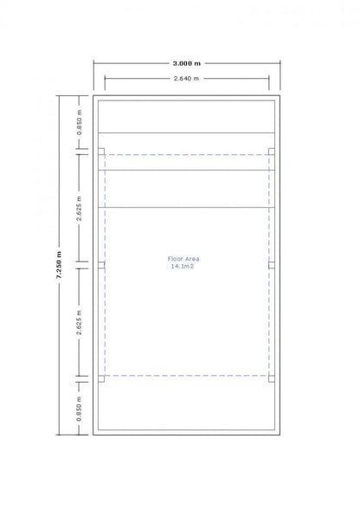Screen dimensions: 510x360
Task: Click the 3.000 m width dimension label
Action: tap(187, 64)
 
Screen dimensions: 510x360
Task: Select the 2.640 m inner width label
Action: tap(187, 79)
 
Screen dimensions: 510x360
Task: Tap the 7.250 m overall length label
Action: tap(59, 265)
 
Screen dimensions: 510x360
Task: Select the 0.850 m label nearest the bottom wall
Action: tap(80, 406)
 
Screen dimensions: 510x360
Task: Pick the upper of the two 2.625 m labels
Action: tap(80, 206)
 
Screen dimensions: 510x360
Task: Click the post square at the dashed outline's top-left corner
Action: tap(101, 152)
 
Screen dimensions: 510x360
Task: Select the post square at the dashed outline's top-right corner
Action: tap(272, 152)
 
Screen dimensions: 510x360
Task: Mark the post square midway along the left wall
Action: tap(101, 263)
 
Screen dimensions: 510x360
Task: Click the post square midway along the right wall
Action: tap(272, 263)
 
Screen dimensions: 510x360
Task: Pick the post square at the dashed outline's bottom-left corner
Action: tap(101, 377)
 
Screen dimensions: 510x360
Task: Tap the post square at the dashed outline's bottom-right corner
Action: tap(272, 377)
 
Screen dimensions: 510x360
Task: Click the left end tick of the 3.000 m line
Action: tap(93, 64)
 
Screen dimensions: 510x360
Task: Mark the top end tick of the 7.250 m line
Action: tap(59, 96)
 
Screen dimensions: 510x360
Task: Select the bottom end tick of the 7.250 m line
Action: tap(59, 434)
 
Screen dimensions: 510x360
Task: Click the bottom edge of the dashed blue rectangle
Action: tap(187, 377)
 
